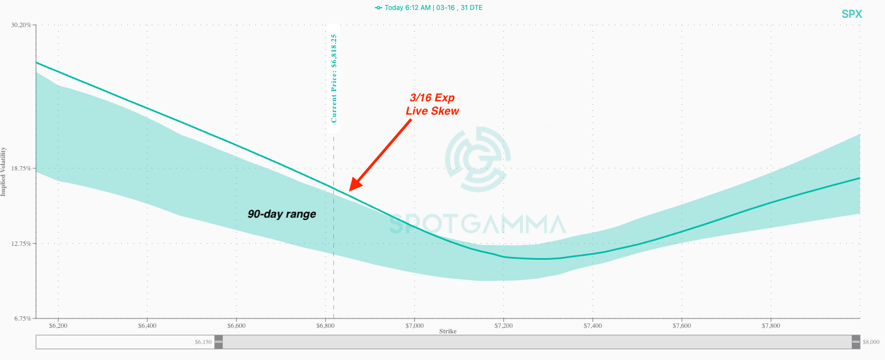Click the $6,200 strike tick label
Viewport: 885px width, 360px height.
coord(58,326)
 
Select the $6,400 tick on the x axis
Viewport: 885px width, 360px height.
coord(147,326)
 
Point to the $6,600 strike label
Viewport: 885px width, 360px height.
coord(236,326)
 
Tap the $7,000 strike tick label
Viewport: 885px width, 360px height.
coord(414,326)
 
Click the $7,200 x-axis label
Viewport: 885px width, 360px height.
coord(503,326)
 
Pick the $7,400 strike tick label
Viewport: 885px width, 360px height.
coord(593,326)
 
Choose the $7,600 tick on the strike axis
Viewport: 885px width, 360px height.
coord(682,326)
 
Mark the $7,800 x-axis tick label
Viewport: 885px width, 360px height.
coord(771,326)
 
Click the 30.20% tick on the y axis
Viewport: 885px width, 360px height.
coord(20,25)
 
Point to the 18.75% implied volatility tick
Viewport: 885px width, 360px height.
coord(20,168)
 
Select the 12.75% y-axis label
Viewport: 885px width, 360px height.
coord(20,244)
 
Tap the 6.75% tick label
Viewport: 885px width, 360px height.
coord(22,318)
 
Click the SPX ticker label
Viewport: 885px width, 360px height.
coord(851,14)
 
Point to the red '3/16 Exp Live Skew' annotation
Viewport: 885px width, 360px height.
coord(433,104)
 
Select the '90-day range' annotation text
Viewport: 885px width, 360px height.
coord(282,214)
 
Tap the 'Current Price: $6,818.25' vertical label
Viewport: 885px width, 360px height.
coord(334,78)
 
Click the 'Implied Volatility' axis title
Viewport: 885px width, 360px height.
coord(3,172)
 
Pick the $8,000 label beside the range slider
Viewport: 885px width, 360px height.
coord(871,342)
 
